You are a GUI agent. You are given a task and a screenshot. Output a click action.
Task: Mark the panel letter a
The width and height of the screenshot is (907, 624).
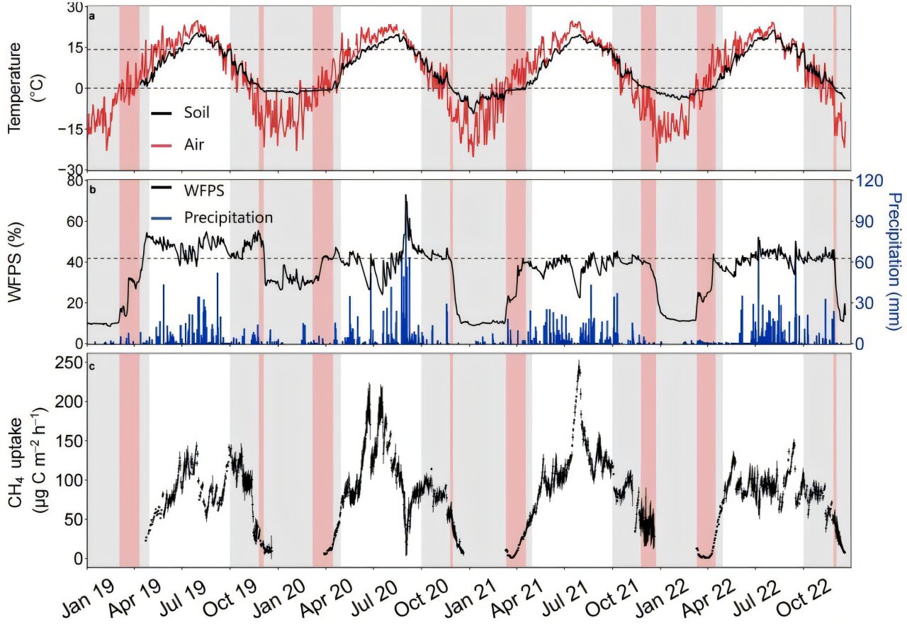click(92, 14)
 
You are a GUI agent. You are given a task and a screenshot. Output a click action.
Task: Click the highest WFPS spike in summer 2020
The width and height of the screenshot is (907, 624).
click(406, 195)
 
